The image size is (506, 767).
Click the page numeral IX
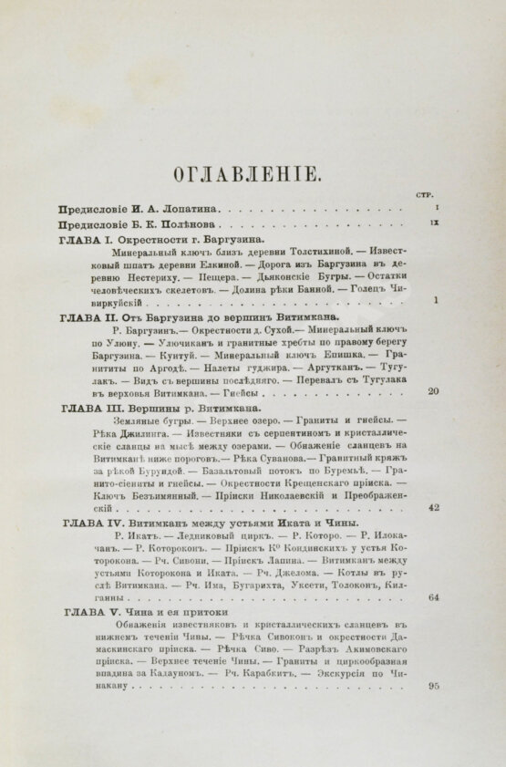tap(436, 222)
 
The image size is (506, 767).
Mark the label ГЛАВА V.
tap(85, 613)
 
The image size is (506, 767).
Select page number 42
tap(434, 508)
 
